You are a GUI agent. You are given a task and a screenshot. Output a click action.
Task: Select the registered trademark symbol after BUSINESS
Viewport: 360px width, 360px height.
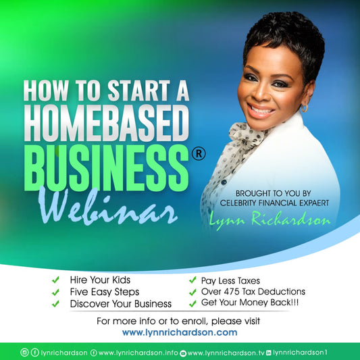click(x=198, y=155)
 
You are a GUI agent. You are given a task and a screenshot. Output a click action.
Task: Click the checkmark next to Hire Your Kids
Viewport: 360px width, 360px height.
click(x=55, y=279)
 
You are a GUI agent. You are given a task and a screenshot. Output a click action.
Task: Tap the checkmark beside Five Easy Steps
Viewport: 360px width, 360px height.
click(x=55, y=291)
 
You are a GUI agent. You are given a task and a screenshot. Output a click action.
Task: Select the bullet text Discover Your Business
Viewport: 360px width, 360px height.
click(x=121, y=303)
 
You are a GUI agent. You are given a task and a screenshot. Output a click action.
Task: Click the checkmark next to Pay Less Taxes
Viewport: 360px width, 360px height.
click(x=192, y=279)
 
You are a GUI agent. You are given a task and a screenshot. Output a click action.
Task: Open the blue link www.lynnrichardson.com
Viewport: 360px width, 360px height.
click(x=180, y=332)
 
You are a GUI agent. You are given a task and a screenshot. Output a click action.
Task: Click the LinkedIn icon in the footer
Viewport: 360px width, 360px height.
click(x=269, y=352)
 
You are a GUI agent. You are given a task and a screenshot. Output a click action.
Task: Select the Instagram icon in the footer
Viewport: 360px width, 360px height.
click(x=25, y=352)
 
